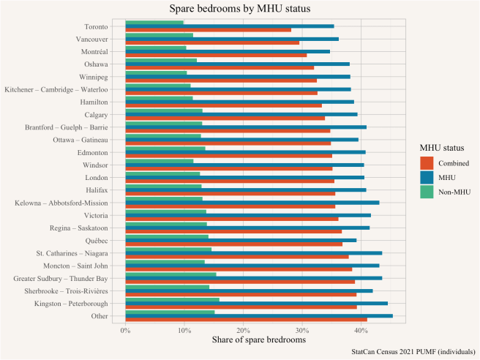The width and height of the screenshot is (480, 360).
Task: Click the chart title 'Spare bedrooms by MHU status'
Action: tap(240, 9)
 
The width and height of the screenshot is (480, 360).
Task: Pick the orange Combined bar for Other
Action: tap(246, 320)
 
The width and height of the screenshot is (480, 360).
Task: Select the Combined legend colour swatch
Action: tap(427, 162)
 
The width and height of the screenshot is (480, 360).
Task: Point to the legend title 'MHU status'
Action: tap(438, 148)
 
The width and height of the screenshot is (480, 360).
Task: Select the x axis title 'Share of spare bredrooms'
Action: tap(258, 340)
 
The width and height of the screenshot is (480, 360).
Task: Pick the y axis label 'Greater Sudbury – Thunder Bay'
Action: tap(61, 279)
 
